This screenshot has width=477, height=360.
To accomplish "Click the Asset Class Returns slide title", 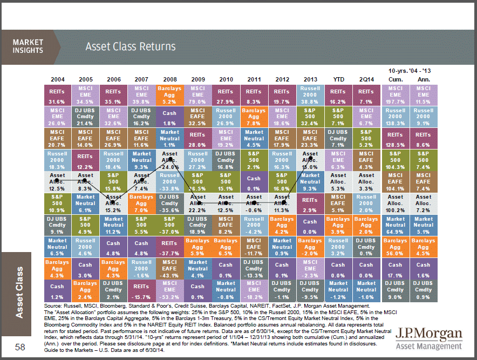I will (130, 47).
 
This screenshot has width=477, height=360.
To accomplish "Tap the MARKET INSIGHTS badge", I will (28, 46).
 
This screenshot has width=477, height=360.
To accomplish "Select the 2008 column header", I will (169, 79).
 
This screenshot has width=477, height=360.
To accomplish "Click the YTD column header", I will (338, 79).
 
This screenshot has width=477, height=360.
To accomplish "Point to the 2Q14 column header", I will (366, 79).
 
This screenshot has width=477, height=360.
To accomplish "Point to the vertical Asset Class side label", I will (21, 291).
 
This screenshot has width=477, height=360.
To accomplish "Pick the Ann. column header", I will (423, 79).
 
